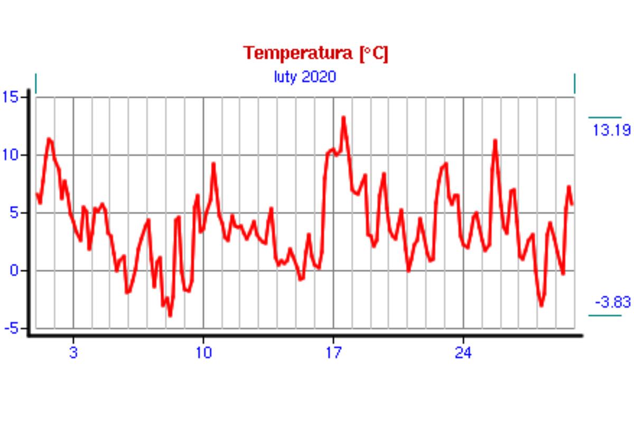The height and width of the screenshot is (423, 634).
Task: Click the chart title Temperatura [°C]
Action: point(315,53)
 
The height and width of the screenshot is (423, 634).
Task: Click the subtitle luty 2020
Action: point(305,77)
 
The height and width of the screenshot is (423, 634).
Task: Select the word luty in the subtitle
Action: point(285,77)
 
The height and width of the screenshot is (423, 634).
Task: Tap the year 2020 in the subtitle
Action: point(319,77)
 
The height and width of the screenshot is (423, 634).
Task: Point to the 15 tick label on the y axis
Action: point(10,97)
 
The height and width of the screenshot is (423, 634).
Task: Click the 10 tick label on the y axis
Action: point(10,155)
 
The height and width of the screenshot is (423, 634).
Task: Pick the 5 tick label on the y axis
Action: point(14,213)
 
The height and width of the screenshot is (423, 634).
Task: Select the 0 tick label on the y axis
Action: point(14,271)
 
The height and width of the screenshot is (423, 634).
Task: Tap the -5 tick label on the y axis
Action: point(11,328)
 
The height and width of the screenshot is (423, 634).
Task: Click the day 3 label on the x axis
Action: point(73,353)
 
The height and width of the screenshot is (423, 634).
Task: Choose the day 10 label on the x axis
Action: point(203,353)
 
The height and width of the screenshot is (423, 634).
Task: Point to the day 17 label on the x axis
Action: point(333,353)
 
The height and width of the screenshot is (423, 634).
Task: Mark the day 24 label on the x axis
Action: point(463,353)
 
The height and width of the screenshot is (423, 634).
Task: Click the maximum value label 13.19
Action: point(611,131)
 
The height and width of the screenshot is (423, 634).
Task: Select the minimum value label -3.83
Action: point(612,302)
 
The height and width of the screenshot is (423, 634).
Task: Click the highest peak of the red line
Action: point(343,118)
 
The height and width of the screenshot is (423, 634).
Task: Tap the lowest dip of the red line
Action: point(170,315)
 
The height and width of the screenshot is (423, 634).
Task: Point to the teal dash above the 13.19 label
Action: point(604,117)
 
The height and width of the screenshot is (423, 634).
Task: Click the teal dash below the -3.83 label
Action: point(604,316)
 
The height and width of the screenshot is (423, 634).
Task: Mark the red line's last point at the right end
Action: point(572,204)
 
